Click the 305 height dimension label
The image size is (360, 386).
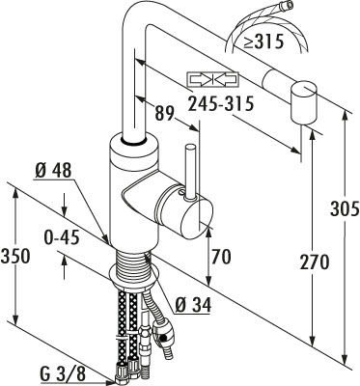345,209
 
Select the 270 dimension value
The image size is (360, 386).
315,262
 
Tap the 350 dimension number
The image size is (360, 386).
15,256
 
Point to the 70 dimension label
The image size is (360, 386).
221,257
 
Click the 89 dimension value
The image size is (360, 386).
164,113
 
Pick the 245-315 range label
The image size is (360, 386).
221,103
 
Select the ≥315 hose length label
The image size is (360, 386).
263,41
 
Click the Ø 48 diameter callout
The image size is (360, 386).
52,170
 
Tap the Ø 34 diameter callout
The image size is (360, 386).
193,304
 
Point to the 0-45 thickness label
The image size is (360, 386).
62,238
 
